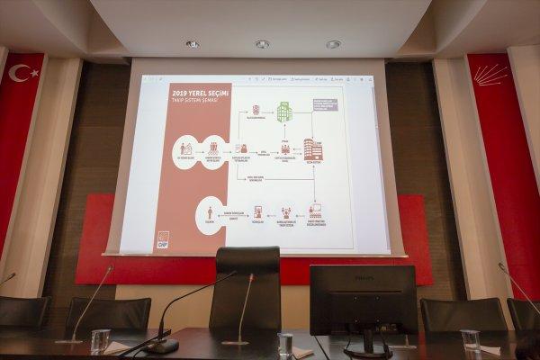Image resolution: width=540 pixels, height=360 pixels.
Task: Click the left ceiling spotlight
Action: (192, 43)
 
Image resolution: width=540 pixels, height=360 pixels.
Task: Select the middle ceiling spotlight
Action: (262, 43)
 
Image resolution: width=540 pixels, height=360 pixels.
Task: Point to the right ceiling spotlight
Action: (333, 43)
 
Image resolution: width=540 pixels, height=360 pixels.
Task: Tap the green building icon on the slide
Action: (284, 112)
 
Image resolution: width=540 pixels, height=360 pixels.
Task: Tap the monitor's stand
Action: (368, 343)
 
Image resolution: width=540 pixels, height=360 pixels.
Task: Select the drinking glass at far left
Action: (100, 340)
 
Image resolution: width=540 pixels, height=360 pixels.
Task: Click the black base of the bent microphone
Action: (162, 346)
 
